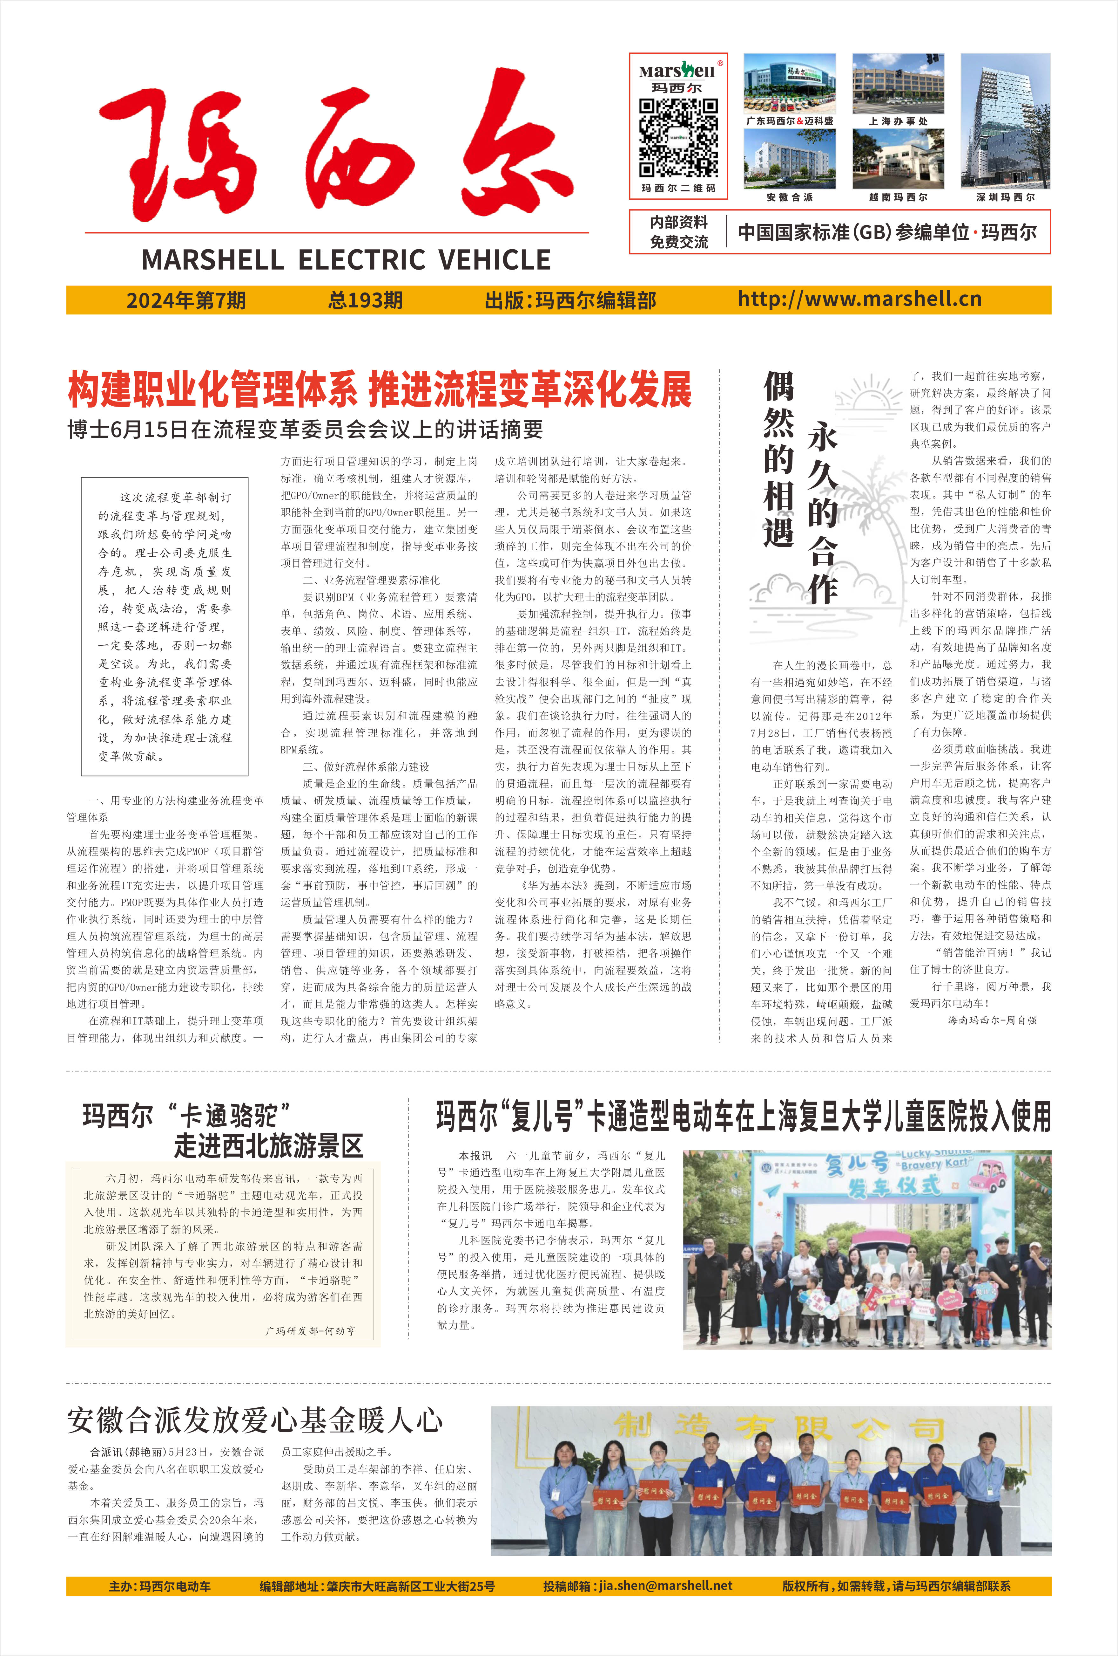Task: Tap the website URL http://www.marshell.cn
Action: pyautogui.click(x=859, y=299)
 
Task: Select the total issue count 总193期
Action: pyautogui.click(x=365, y=300)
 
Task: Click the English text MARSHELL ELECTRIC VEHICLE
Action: pyautogui.click(x=346, y=260)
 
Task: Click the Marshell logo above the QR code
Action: pyautogui.click(x=677, y=71)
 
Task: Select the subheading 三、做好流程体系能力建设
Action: pyautogui.click(x=366, y=767)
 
